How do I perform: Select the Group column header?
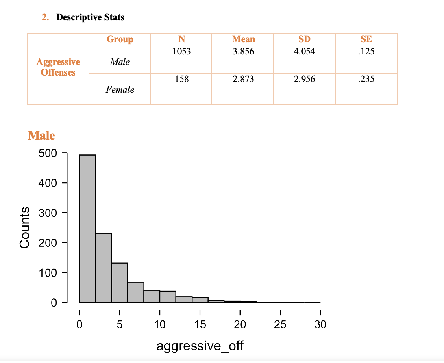120,39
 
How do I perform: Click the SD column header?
304,39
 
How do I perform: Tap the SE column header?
366,39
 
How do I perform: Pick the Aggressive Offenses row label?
58,67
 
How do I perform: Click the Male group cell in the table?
120,62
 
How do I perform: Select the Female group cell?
120,90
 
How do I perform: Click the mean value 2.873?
243,79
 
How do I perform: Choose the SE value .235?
366,79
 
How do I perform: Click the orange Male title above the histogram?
41,135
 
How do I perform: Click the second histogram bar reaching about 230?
104,268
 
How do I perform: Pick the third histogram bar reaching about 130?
120,283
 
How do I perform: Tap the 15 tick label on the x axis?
200,325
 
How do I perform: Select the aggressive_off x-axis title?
200,346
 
